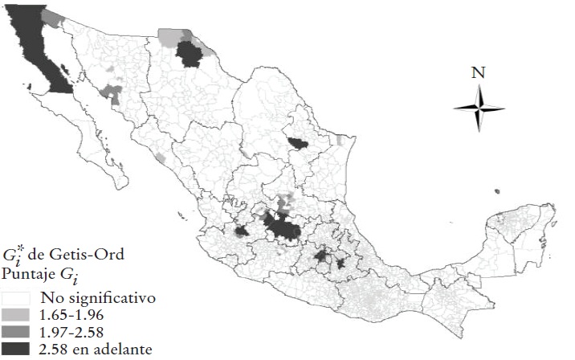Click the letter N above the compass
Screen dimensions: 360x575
point(479,72)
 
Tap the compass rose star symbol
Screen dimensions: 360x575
point(479,108)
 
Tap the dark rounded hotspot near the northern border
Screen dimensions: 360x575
point(190,54)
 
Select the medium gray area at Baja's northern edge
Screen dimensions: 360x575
point(53,16)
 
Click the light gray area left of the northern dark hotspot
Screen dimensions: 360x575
point(169,36)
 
